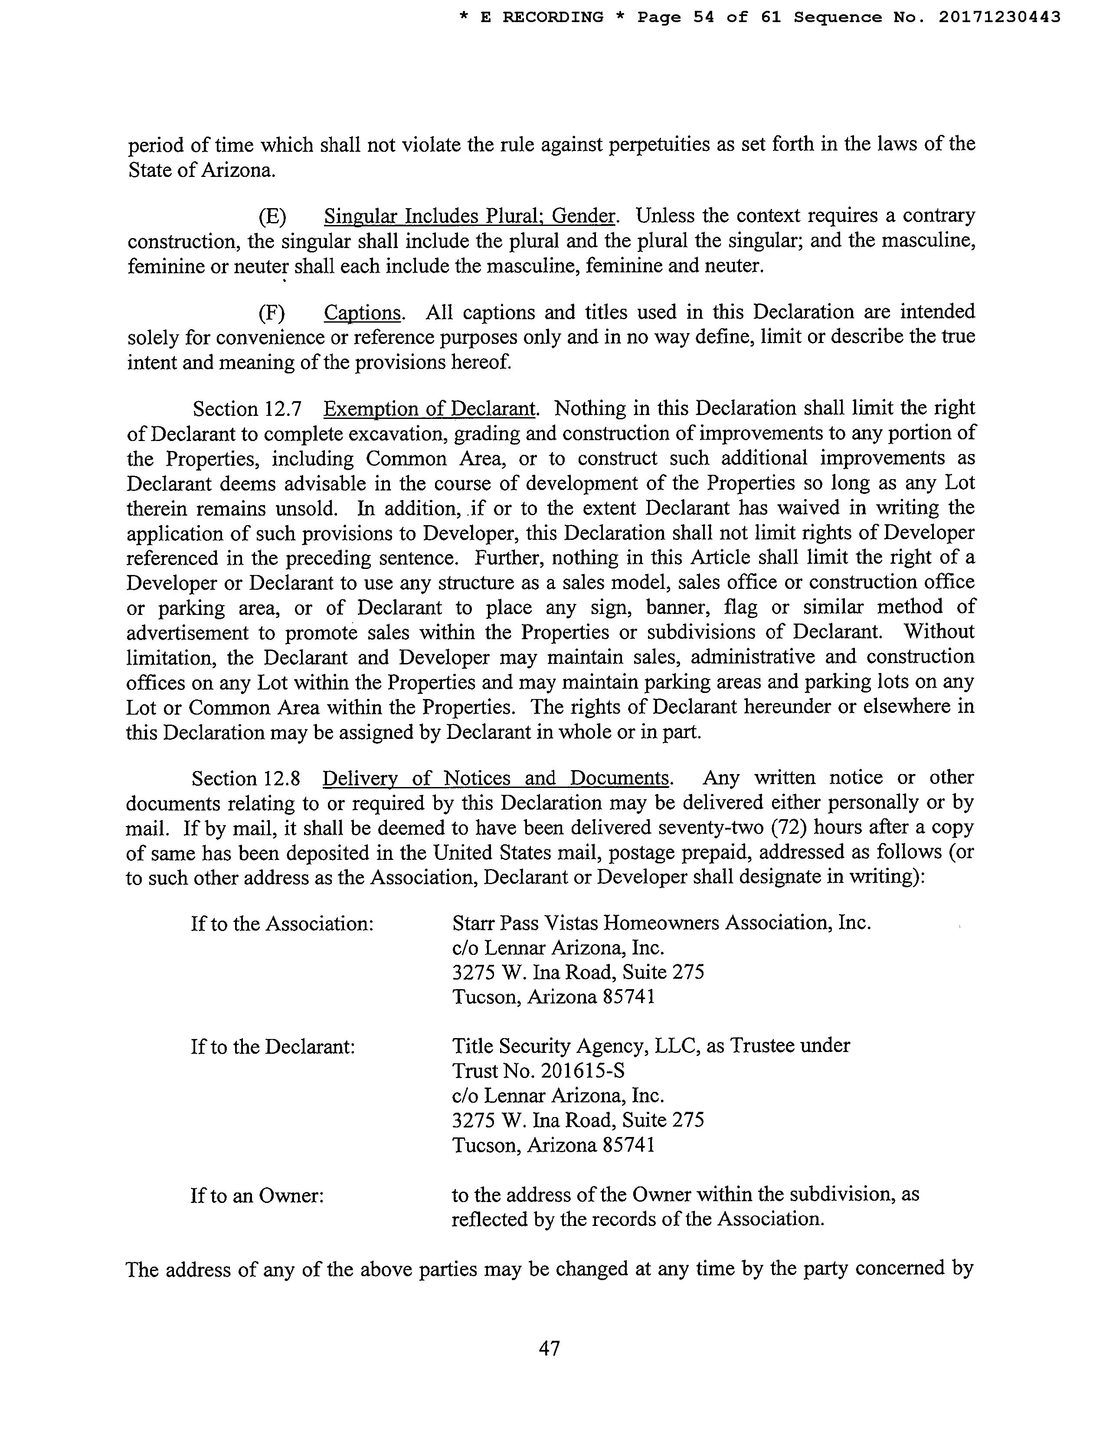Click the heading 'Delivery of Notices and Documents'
tap(496, 778)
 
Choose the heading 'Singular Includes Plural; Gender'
tap(470, 216)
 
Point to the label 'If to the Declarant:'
tap(272, 1046)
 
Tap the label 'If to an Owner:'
tap(258, 1196)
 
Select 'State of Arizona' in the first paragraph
tap(200, 170)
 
